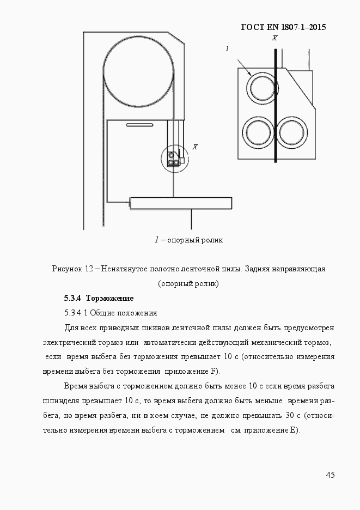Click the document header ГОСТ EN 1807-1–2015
[x=283, y=27]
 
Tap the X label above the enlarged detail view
[x=274, y=38]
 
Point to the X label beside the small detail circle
[x=195, y=147]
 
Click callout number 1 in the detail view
[x=227, y=49]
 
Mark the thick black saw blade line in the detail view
[x=276, y=109]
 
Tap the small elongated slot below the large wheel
[x=139, y=125]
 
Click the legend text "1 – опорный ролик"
[x=188, y=240]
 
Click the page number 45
[x=330, y=475]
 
